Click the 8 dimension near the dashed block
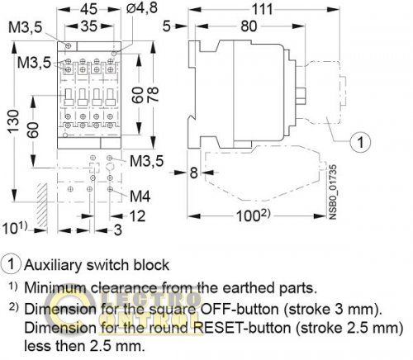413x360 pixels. click(192, 173)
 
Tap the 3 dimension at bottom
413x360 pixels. click(118, 229)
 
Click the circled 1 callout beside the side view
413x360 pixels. click(361, 142)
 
